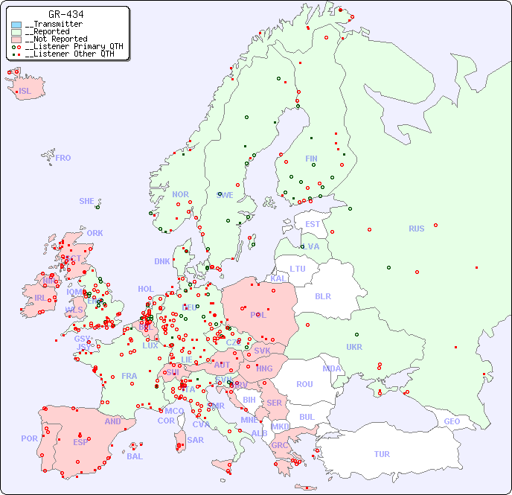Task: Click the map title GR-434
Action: click(x=65, y=14)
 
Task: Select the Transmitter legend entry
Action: click(x=53, y=25)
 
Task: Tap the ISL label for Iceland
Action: click(x=25, y=92)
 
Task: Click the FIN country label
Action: click(x=311, y=159)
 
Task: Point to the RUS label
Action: click(x=416, y=229)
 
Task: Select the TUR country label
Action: click(x=382, y=454)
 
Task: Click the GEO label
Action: click(x=452, y=421)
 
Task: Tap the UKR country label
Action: click(x=354, y=347)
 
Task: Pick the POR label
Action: click(x=29, y=438)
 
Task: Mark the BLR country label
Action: click(x=322, y=296)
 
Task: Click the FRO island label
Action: click(x=63, y=158)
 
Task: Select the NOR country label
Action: click(x=180, y=194)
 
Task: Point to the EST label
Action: click(x=313, y=224)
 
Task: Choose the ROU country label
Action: click(x=304, y=384)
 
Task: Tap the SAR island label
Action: click(x=195, y=440)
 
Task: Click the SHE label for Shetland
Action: click(x=87, y=201)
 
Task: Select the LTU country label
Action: click(x=298, y=269)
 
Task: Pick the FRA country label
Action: click(x=129, y=376)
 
